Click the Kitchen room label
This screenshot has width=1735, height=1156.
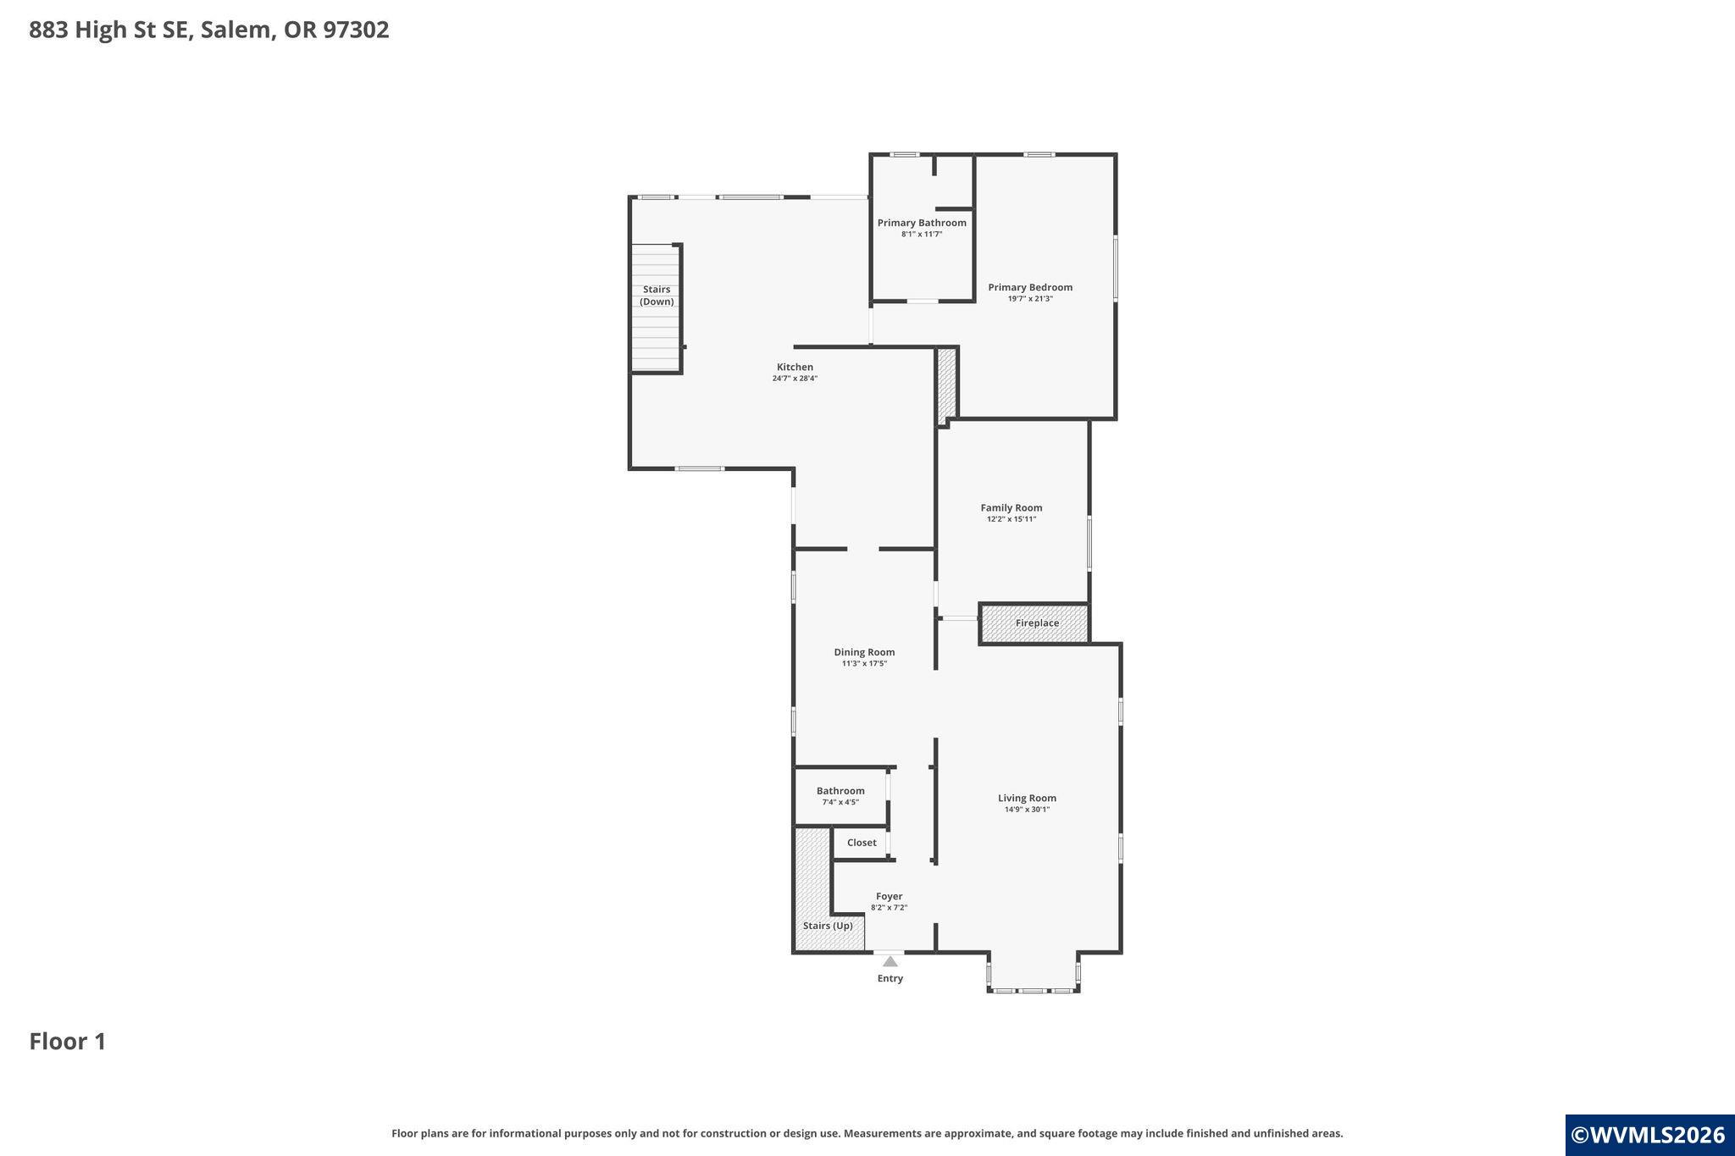click(x=795, y=367)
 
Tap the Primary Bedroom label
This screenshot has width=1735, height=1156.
click(x=1030, y=287)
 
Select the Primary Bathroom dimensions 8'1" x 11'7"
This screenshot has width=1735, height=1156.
click(x=922, y=234)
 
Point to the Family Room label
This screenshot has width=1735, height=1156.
click(x=1012, y=508)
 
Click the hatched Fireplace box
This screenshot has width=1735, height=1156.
click(x=1034, y=623)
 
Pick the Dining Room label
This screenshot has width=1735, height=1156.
click(x=864, y=652)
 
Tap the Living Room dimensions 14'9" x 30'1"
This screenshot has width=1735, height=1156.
click(x=1027, y=809)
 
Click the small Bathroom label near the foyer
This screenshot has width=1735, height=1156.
click(x=840, y=791)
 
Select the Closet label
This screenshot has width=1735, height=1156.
click(x=862, y=843)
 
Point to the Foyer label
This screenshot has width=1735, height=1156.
click(x=889, y=896)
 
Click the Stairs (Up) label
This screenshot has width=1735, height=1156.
click(x=828, y=926)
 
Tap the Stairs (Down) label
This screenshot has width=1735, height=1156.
click(x=657, y=296)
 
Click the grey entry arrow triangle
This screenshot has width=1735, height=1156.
click(x=890, y=961)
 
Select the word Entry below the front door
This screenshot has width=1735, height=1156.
click(x=890, y=978)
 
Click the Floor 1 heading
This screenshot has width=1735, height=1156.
click(x=68, y=1042)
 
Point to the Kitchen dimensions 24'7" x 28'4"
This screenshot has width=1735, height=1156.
click(x=795, y=379)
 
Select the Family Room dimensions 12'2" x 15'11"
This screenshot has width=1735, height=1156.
click(x=1012, y=519)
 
